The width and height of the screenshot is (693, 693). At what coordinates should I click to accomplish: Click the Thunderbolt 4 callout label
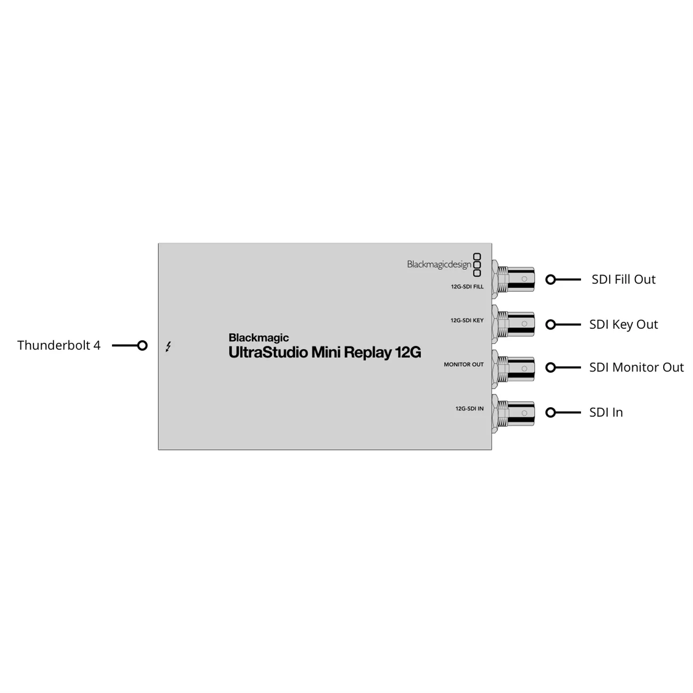click(59, 345)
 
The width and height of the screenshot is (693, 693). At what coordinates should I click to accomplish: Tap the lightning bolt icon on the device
click(168, 346)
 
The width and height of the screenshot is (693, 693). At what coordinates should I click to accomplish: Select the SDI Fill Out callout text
click(623, 279)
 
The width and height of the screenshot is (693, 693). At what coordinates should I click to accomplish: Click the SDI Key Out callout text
click(623, 325)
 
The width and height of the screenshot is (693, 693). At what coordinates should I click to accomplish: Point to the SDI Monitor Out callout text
click(636, 367)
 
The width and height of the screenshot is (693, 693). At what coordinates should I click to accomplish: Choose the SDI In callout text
click(606, 412)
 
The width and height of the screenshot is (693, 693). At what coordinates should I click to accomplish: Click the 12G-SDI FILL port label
click(467, 287)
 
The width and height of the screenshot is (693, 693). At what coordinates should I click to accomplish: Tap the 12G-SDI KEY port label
click(467, 320)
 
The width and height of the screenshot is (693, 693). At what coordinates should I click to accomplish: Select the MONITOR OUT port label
click(464, 364)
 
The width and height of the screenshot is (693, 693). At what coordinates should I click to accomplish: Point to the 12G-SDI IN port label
click(469, 408)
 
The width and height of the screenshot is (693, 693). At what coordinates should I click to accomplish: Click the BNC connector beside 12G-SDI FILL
click(513, 279)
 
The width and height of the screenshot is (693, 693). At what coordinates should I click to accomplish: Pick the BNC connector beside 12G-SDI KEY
click(513, 324)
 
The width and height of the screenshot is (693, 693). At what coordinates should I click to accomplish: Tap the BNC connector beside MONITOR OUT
click(513, 368)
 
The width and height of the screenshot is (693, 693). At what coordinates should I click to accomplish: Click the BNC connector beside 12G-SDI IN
click(513, 414)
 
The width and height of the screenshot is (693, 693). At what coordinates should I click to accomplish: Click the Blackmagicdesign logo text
click(439, 265)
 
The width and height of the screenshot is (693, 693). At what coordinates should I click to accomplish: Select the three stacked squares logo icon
click(477, 265)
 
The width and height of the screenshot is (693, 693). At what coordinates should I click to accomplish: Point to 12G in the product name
click(408, 352)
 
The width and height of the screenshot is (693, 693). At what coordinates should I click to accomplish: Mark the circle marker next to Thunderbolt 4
click(142, 345)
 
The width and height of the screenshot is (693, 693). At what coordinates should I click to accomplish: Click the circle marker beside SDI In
click(550, 413)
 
